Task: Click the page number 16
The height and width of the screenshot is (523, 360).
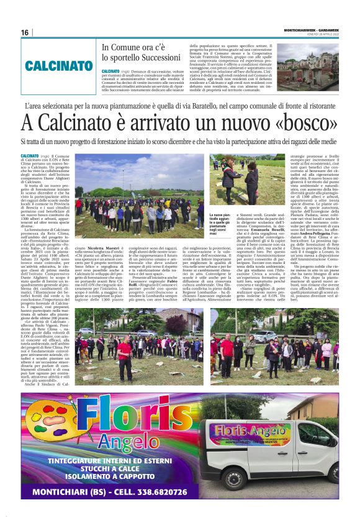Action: pyautogui.click(x=25, y=32)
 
